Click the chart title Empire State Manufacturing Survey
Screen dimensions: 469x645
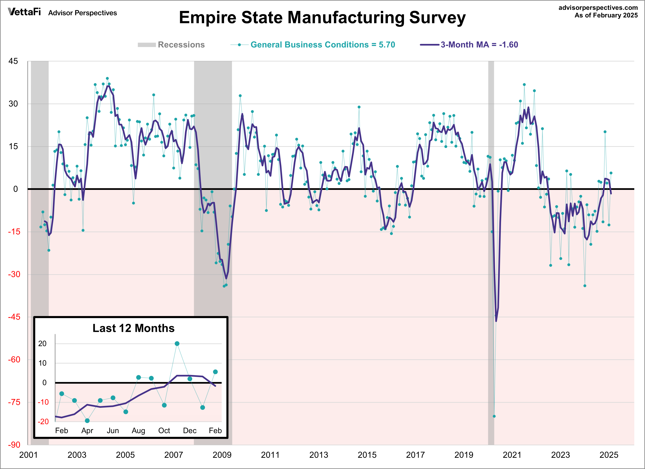[x=322, y=18]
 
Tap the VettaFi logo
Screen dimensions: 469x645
[x=25, y=12]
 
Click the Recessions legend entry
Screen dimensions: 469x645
[x=181, y=45]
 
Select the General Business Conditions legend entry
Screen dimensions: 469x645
[x=323, y=45]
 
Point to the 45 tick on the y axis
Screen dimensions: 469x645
[x=13, y=61]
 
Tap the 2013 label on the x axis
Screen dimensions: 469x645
[x=318, y=455]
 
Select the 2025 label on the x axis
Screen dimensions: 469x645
[x=609, y=455]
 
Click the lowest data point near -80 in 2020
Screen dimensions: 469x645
[x=494, y=416]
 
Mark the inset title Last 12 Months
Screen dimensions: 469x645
[x=133, y=328]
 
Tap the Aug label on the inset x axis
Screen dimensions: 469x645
[x=138, y=431]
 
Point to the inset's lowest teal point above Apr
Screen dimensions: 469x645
[x=87, y=421]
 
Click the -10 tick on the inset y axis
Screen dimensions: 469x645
[x=43, y=402]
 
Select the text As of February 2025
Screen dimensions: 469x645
[x=606, y=15]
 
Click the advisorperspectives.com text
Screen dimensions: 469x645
[x=598, y=8]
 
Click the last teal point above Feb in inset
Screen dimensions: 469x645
[x=215, y=372]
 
